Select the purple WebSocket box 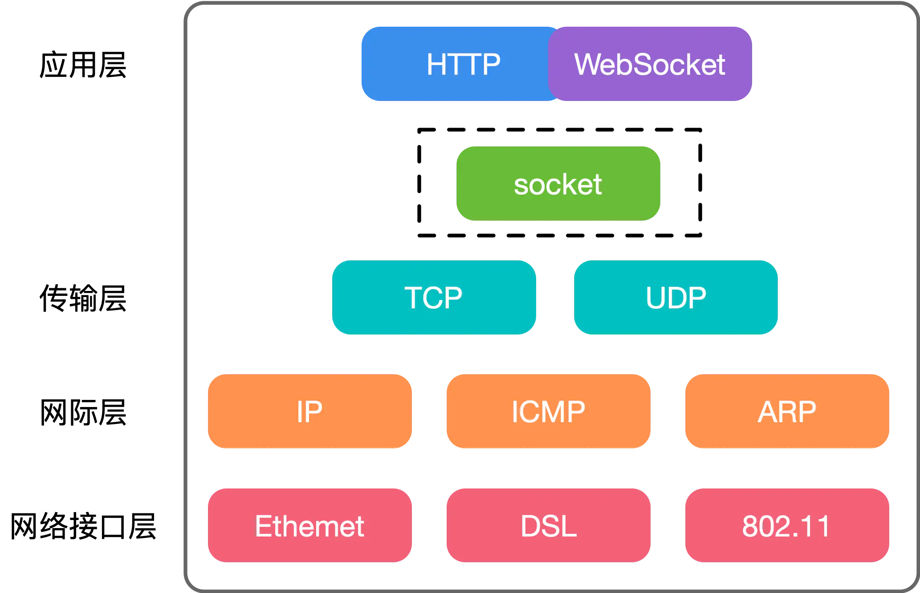click(650, 64)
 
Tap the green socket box click(558, 183)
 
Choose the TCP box click(434, 297)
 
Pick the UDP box click(676, 297)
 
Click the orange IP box click(310, 411)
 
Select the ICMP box click(549, 411)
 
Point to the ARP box click(787, 411)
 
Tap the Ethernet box click(310, 525)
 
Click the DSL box click(549, 525)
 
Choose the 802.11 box click(787, 525)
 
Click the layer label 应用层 click(83, 65)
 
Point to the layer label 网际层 click(83, 412)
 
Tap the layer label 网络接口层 click(83, 526)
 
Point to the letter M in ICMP click(552, 411)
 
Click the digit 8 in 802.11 click(750, 526)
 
